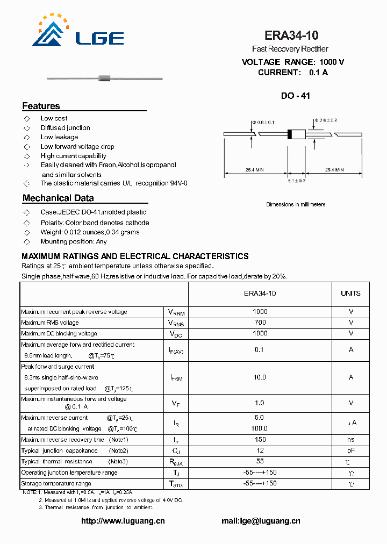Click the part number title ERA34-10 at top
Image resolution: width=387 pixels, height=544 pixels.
coord(291,35)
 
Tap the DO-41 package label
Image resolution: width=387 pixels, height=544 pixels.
coord(295,96)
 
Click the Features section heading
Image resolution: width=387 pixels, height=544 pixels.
coord(41,106)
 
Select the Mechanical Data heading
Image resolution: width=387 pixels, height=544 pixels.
coord(58,198)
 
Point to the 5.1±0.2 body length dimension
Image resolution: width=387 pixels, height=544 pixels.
coord(296,181)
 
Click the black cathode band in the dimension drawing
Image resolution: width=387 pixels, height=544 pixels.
coord(290,134)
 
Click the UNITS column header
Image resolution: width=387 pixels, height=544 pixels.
coord(350,294)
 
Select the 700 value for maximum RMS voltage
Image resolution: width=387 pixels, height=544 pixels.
coord(260,323)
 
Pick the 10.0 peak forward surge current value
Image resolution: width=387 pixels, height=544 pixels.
coord(260,377)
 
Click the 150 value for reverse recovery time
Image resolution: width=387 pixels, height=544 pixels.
coord(260,440)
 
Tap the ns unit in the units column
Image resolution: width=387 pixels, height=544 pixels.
coord(350,440)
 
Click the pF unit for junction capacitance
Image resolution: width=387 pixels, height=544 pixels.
coord(350,450)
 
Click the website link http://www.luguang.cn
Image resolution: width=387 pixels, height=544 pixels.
coord(123,520)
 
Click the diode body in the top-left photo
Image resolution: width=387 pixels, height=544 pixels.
coord(104,80)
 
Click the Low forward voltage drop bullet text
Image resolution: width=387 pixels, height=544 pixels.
coord(77,146)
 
